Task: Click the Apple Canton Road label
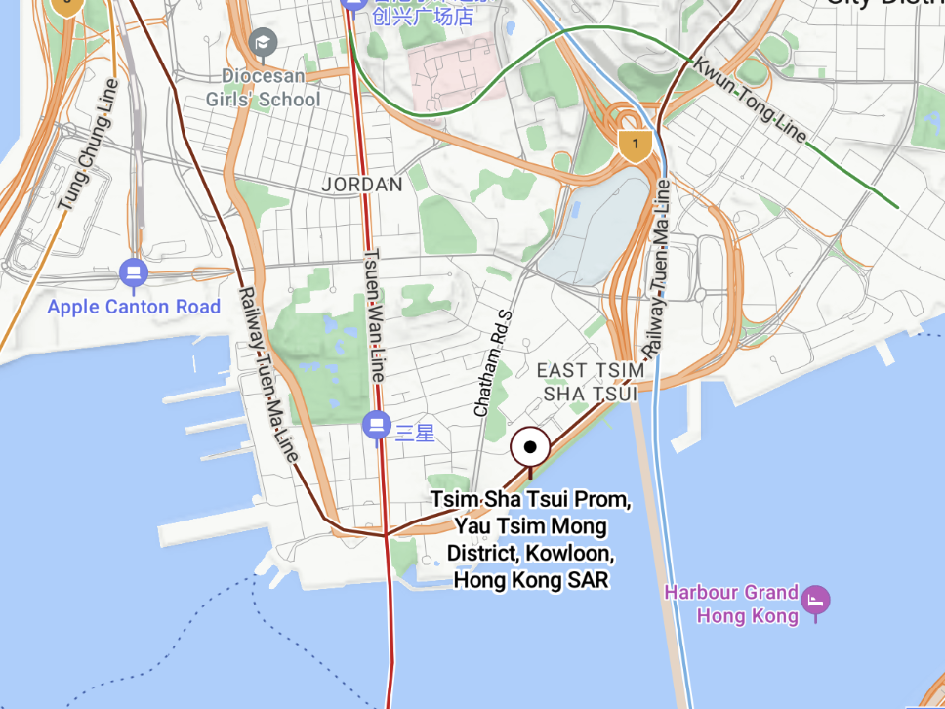[x=134, y=307]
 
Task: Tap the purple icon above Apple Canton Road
[x=134, y=272]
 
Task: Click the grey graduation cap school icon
[x=263, y=42]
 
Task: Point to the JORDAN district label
[x=362, y=185]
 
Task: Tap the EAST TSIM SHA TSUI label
[x=591, y=382]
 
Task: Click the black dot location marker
[x=531, y=448]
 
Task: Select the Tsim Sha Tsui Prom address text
[x=531, y=539]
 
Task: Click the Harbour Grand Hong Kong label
[x=730, y=604]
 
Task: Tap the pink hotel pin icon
[x=815, y=599]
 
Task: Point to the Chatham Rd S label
[x=493, y=363]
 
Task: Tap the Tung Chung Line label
[x=89, y=145]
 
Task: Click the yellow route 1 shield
[x=635, y=146]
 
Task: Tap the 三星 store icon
[x=376, y=426]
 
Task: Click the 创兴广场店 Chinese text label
[x=423, y=17]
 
